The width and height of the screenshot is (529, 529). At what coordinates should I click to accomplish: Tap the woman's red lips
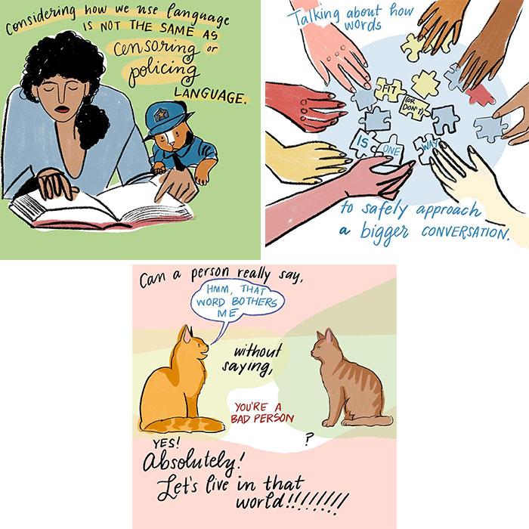coord(62,110)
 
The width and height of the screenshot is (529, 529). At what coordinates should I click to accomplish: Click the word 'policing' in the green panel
coord(164,72)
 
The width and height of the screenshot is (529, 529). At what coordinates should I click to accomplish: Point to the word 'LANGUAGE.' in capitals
coord(209,96)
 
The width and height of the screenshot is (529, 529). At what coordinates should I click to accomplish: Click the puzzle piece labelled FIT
coord(389,89)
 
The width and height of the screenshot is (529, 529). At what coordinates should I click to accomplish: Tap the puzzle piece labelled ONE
coord(391,148)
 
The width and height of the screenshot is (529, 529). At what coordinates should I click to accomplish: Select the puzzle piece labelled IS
coord(363,144)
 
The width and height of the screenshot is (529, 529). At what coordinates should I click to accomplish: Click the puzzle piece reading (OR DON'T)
coord(413,107)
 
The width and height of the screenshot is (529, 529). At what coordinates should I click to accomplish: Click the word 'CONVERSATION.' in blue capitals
coord(466,232)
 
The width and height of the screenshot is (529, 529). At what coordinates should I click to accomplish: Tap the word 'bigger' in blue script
coord(384,232)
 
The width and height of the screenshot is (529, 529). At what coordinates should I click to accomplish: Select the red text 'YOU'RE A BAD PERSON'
coord(262,413)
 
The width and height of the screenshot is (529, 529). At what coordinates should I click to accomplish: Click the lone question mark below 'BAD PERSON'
coord(308,438)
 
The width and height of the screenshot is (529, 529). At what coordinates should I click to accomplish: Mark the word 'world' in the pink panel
coord(259,501)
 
